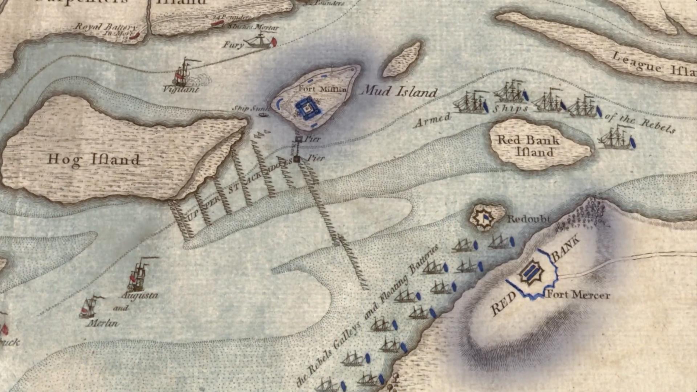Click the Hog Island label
[94, 160]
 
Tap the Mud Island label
[400, 91]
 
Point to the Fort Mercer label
[578, 294]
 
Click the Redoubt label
[529, 219]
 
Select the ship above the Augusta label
[139, 274]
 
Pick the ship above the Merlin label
[89, 307]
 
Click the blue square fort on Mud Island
[308, 108]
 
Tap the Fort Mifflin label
[322, 89]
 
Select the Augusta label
[140, 295]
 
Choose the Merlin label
[102, 323]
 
